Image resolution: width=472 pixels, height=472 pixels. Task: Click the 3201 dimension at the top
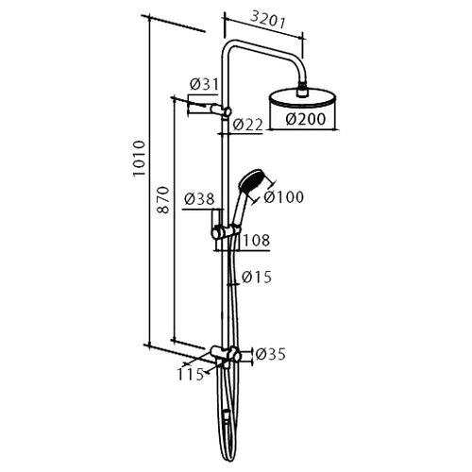(x=267, y=20)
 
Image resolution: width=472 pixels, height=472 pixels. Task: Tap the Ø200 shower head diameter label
(x=306, y=119)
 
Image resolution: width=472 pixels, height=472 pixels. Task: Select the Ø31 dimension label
(x=204, y=84)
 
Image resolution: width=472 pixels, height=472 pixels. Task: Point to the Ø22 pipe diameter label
(x=247, y=125)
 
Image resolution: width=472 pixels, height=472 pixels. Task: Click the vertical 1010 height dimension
(x=139, y=159)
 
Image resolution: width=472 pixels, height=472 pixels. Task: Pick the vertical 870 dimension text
(x=163, y=200)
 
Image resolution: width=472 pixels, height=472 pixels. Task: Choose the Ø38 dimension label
(x=199, y=199)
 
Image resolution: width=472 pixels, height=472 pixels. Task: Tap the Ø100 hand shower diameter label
(x=283, y=197)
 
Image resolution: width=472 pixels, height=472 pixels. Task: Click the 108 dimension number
(x=257, y=241)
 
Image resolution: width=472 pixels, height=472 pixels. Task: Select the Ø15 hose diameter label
(x=257, y=278)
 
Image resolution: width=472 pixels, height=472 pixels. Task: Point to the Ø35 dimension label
(x=270, y=354)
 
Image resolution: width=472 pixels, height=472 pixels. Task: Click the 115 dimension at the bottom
(x=190, y=375)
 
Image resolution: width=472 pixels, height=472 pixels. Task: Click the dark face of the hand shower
(x=252, y=179)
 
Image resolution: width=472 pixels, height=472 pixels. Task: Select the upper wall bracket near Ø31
(x=210, y=110)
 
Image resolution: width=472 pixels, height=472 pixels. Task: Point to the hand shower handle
(x=238, y=208)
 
